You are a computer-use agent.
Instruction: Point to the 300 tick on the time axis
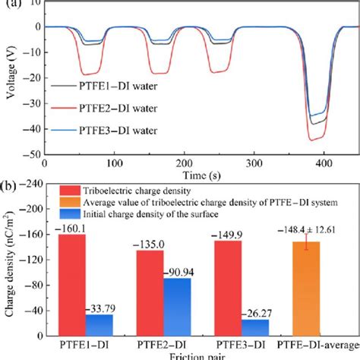click(254, 163)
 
